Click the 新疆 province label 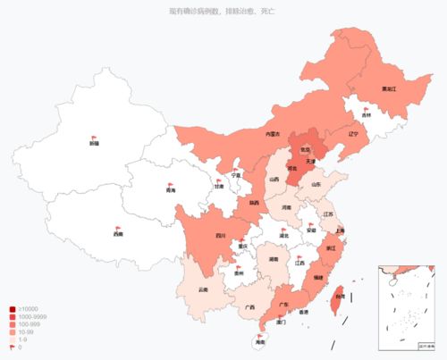pos(94,143)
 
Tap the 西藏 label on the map pos(118,235)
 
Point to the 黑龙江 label pos(366,89)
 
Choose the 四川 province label pos(220,236)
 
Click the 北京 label pos(304,149)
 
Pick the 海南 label pos(260,343)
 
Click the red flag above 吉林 pos(367,106)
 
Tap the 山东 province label pos(316,185)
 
